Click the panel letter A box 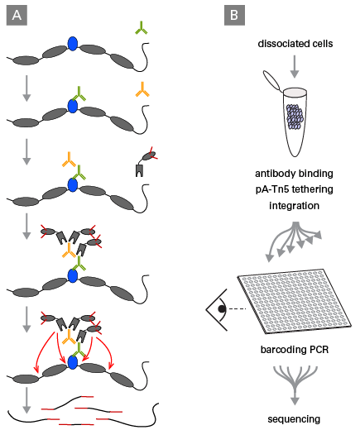point(17,16)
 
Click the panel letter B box point(234,16)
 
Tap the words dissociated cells point(295,44)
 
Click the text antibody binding point(294,174)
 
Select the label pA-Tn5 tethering point(295,189)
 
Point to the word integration point(295,206)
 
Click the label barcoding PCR point(295,350)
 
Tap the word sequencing point(294,419)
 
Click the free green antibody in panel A point(142,27)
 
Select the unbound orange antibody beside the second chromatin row point(142,89)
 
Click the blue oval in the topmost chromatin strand point(73,44)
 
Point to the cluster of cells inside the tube point(295,117)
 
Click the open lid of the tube point(271,80)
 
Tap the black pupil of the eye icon point(222,309)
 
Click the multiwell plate point(295,301)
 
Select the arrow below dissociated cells point(295,66)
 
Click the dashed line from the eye point(238,309)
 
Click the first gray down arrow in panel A point(26,88)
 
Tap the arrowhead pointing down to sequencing point(295,401)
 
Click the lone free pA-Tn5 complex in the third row point(146,162)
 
